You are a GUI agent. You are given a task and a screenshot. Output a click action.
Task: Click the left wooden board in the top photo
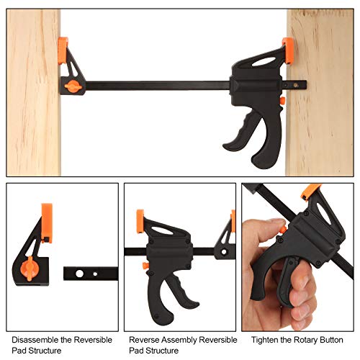[33, 94]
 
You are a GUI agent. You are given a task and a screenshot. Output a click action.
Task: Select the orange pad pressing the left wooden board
[63, 48]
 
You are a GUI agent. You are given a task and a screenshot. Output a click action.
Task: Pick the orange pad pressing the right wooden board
[288, 50]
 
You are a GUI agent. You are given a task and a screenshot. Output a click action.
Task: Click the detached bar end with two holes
[89, 274]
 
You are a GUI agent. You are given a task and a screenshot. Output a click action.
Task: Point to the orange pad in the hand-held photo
[311, 192]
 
